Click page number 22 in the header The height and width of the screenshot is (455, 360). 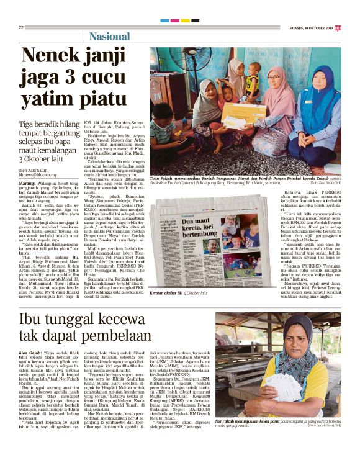(x=21, y=27)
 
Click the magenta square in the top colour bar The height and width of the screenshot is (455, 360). (x=174, y=20)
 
